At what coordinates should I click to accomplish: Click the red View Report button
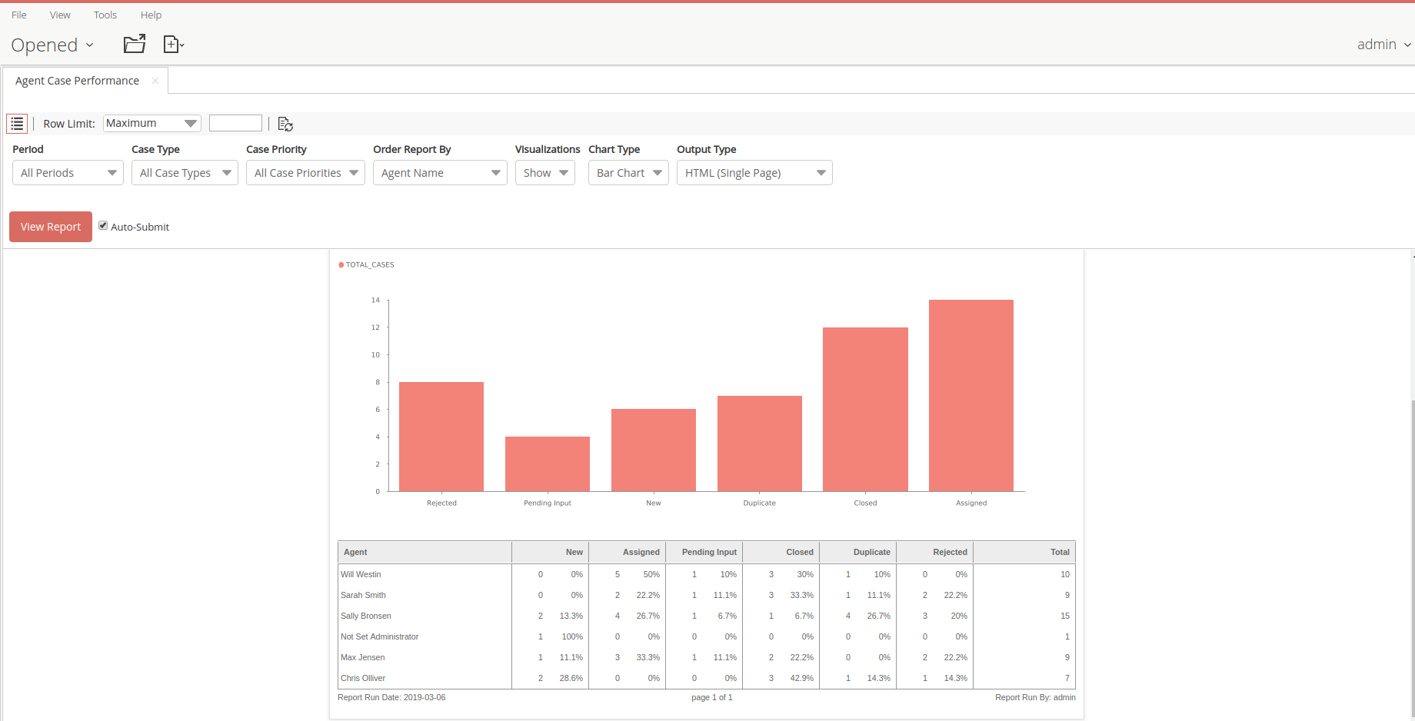click(51, 227)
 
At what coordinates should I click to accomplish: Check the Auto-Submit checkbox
click(103, 226)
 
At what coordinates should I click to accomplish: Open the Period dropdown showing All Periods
click(68, 173)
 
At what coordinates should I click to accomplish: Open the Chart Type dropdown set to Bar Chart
click(628, 173)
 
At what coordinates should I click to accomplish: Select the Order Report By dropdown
click(439, 173)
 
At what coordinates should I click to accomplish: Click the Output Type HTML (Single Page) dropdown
click(754, 173)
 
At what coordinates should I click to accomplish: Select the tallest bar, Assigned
click(971, 395)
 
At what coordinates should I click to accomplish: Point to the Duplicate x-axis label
click(759, 503)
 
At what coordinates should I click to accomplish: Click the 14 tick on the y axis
click(375, 300)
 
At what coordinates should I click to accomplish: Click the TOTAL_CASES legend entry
click(368, 264)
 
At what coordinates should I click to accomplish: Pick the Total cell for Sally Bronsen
click(1064, 616)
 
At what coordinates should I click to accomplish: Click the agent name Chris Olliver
click(363, 678)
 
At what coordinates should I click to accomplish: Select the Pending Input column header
click(708, 552)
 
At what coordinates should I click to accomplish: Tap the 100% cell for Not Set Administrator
click(572, 636)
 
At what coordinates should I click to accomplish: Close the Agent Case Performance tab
click(155, 81)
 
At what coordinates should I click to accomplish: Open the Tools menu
click(105, 15)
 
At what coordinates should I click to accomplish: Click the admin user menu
click(1383, 45)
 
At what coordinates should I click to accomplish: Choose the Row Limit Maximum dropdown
click(151, 123)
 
